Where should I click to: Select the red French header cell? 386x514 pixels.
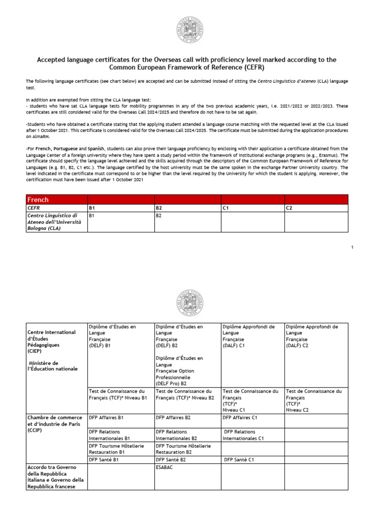click(56, 200)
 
